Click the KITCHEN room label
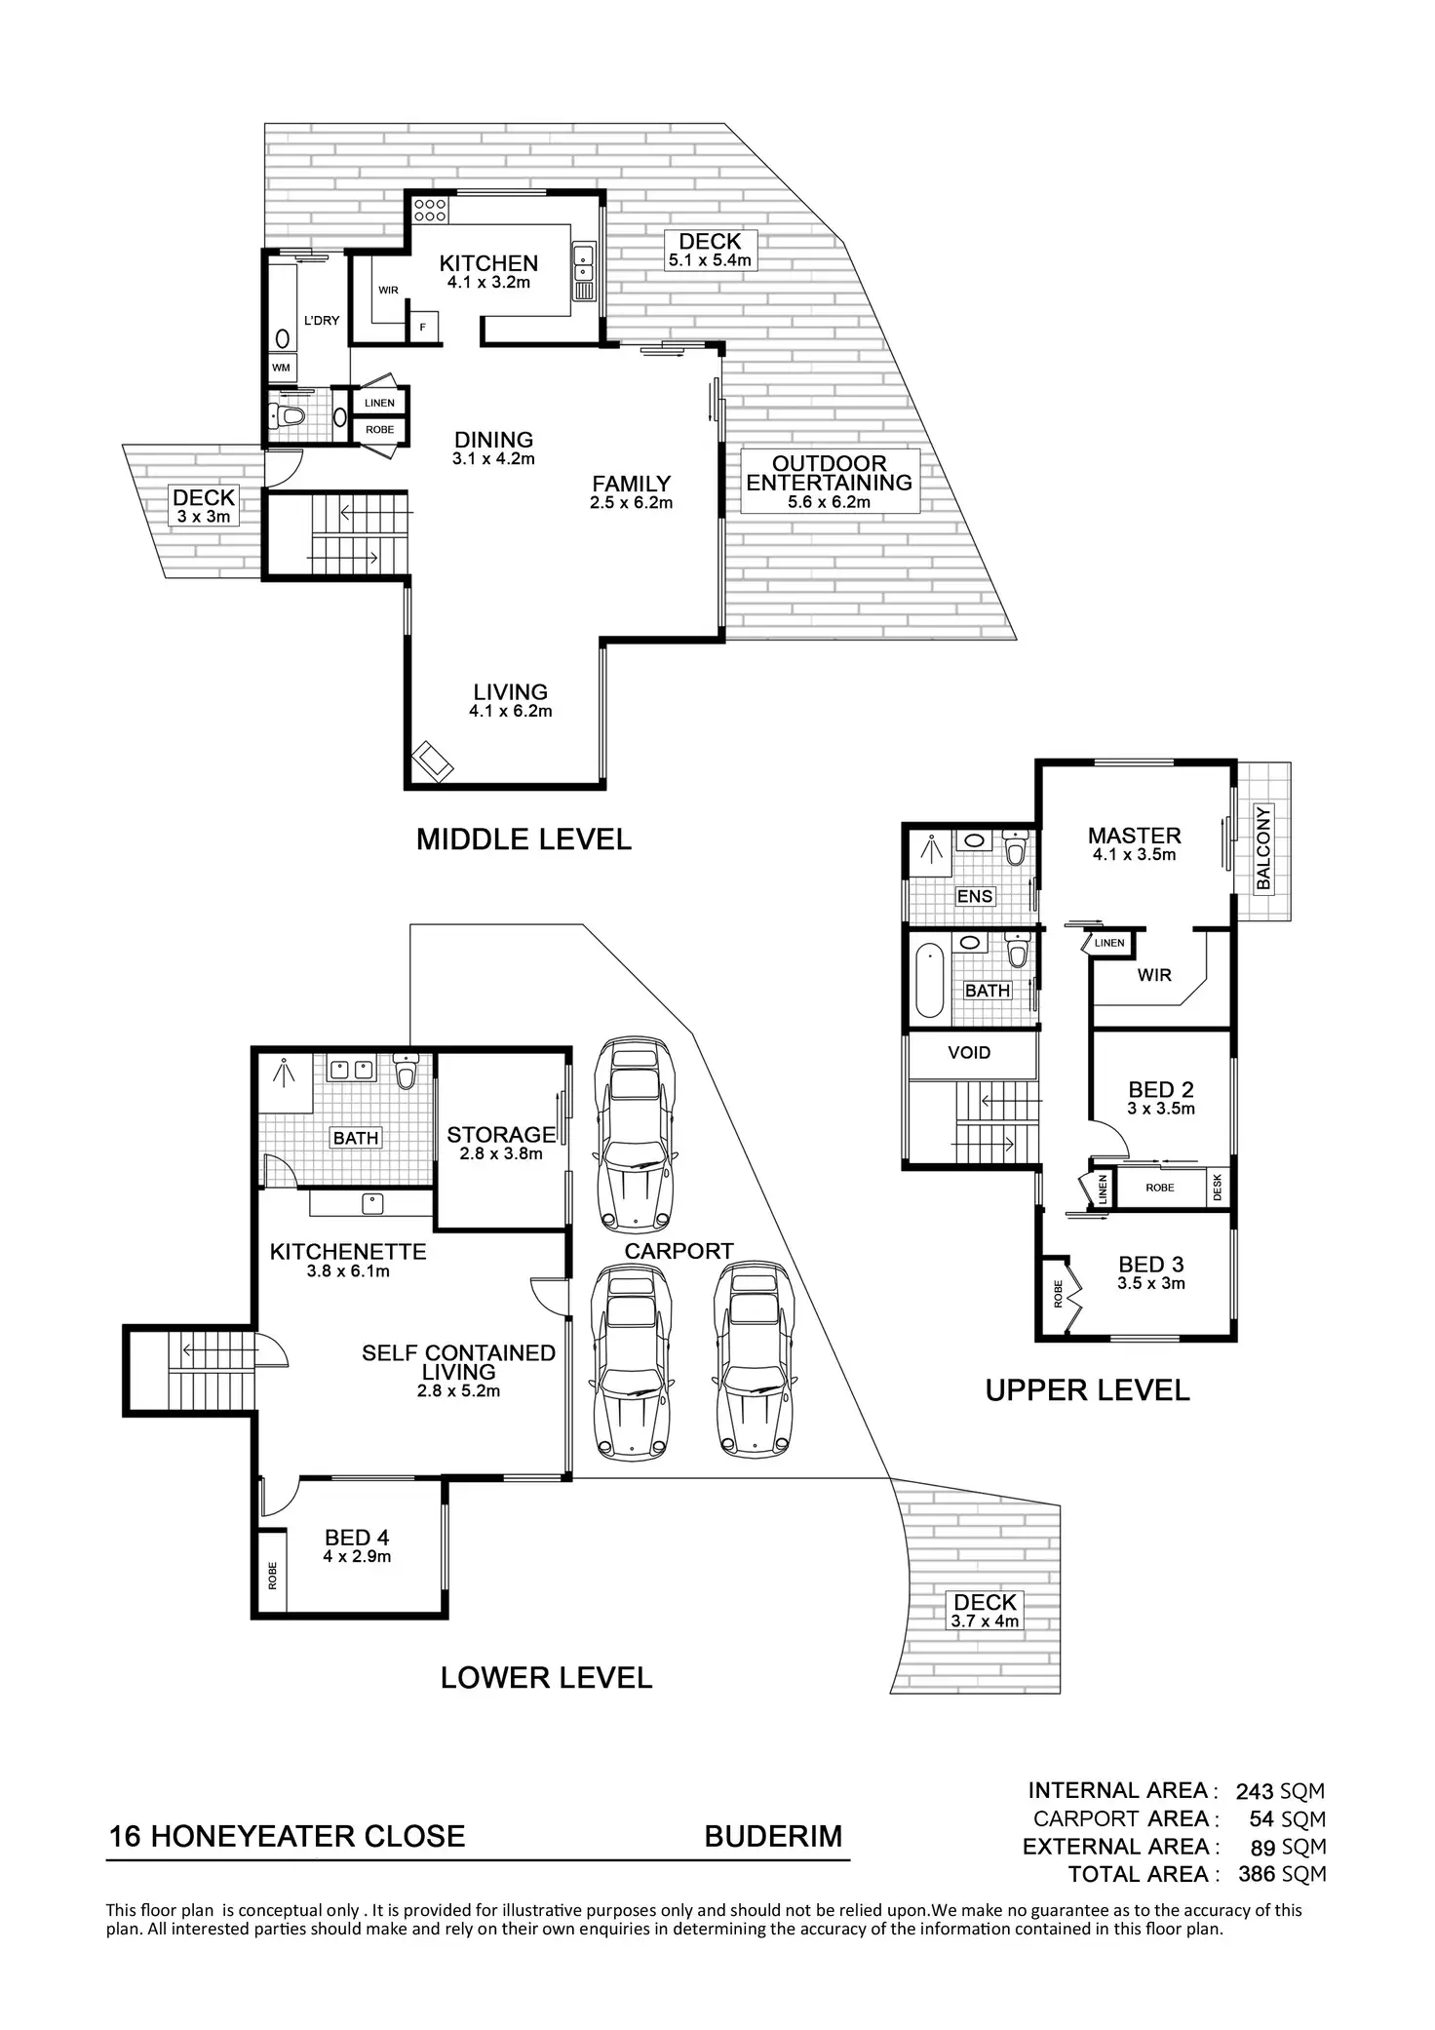[x=488, y=264]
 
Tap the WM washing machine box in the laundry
[x=282, y=369]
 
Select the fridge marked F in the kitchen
[x=423, y=327]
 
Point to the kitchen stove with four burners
[x=430, y=209]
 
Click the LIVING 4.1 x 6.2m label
[x=510, y=701]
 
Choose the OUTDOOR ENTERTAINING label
[x=830, y=474]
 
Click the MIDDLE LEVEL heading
[x=524, y=839]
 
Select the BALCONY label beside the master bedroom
[x=1263, y=848]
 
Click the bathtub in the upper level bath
[x=930, y=980]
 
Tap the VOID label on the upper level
[x=969, y=1053]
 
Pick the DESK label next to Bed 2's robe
[x=1218, y=1188]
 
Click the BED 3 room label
[x=1151, y=1266]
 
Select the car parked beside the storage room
[x=636, y=1134]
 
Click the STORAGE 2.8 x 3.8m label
[x=501, y=1143]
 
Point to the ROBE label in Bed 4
[x=272, y=1576]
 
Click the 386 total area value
[x=1257, y=1874]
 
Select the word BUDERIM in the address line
[x=773, y=1837]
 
